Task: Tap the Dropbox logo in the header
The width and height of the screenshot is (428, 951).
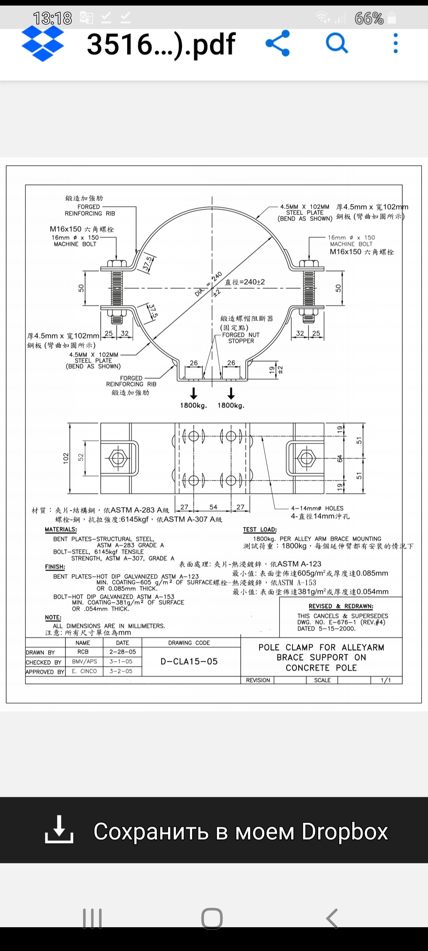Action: pyautogui.click(x=42, y=43)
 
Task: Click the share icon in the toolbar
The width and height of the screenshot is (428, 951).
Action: pyautogui.click(x=278, y=43)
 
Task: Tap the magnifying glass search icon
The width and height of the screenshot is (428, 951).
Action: pyautogui.click(x=337, y=43)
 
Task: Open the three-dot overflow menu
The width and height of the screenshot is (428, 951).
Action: pyautogui.click(x=395, y=43)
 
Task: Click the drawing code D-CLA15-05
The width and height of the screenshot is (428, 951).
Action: pyautogui.click(x=189, y=661)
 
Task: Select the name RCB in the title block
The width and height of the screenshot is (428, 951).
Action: pyautogui.click(x=83, y=652)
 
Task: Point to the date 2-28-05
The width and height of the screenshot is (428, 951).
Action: pyautogui.click(x=122, y=652)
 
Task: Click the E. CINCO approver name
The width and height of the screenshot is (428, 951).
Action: pyautogui.click(x=84, y=671)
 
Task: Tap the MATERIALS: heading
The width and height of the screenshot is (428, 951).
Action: pyautogui.click(x=61, y=529)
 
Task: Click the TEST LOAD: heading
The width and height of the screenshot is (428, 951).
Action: pyautogui.click(x=260, y=529)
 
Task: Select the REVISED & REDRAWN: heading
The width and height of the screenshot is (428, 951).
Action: pyautogui.click(x=341, y=606)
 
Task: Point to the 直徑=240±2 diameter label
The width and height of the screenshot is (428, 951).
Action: pyautogui.click(x=245, y=282)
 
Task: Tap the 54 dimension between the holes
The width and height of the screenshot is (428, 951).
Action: pyautogui.click(x=213, y=507)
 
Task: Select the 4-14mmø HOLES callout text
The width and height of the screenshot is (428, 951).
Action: pyautogui.click(x=317, y=508)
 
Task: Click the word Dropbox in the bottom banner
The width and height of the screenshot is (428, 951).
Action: pyautogui.click(x=344, y=831)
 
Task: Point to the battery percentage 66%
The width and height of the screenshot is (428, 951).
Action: pyautogui.click(x=369, y=18)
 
